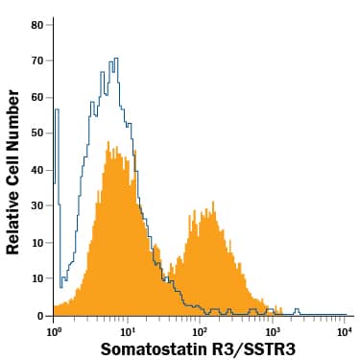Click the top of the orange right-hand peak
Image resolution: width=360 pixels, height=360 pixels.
coord(204,205)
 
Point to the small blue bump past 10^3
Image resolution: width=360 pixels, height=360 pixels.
coord(297,309)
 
